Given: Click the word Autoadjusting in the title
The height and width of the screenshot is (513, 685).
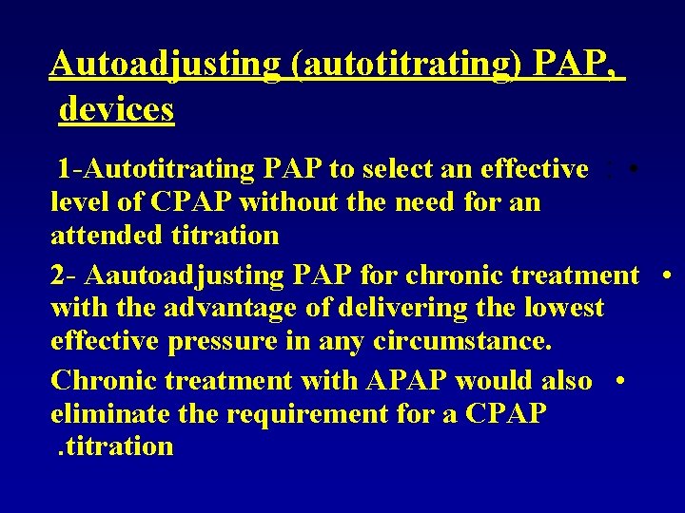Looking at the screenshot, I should click(x=164, y=64).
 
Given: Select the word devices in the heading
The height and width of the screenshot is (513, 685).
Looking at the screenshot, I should click(x=117, y=109).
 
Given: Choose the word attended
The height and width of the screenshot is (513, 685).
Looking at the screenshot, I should click(x=110, y=235).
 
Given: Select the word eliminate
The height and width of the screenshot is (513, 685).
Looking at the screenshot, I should click(x=107, y=413).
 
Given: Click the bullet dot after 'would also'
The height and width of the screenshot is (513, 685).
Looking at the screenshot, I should click(x=619, y=381).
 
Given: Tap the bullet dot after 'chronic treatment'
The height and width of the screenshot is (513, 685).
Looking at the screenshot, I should click(x=668, y=275).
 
